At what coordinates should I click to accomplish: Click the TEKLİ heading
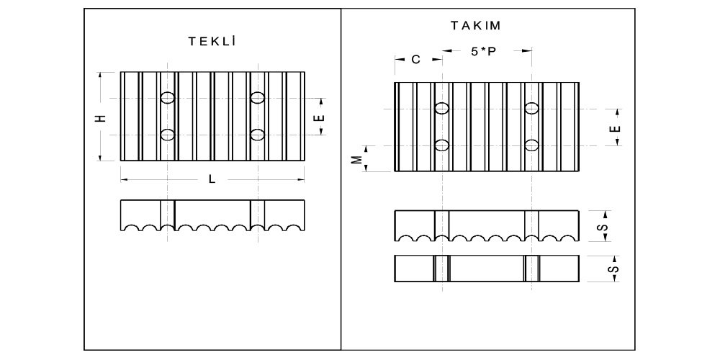coord(212,41)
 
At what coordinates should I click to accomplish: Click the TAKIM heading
coord(476,25)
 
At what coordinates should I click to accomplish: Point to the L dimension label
coord(212,179)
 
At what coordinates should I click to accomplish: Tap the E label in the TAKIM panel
coord(614,127)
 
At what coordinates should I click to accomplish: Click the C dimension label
coord(415,60)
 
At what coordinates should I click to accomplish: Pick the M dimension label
coord(356,158)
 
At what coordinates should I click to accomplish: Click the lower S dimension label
coord(613,269)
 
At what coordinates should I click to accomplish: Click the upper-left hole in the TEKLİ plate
coord(168,97)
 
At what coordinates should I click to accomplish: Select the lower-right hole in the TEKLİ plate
coord(257,134)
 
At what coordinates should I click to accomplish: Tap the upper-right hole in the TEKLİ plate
coord(257,97)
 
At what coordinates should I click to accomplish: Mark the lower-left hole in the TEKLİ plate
coord(168,134)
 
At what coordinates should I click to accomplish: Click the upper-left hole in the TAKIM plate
coord(442,109)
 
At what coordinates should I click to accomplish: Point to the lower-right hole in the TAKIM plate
coord(532,145)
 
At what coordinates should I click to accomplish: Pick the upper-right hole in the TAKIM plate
coord(532,109)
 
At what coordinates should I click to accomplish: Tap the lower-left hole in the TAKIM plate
coord(442,145)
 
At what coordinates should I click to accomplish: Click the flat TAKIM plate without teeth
coord(487,269)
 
